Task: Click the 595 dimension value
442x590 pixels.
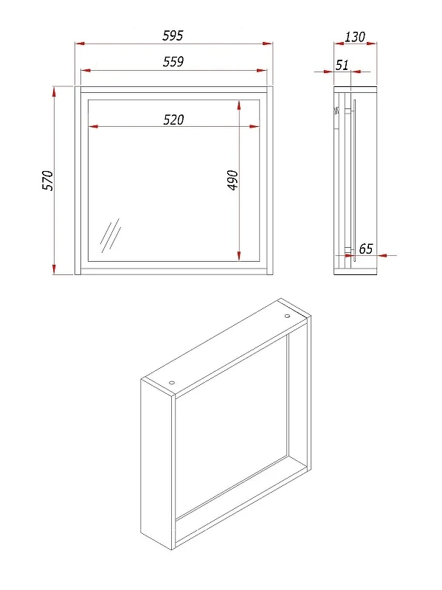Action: point(173,35)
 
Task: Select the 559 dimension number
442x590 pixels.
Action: point(173,61)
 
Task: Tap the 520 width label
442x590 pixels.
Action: point(173,119)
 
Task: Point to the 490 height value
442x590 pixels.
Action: point(233,180)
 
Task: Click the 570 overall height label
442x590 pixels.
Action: point(48,181)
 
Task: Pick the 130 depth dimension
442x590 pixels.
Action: point(355,37)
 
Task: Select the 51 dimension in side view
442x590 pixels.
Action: point(342,65)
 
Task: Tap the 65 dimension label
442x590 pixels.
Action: point(365,249)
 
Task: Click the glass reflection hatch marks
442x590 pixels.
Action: point(111,235)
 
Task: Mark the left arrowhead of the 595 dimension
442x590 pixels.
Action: point(80,44)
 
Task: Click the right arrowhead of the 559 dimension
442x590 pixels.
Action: point(262,70)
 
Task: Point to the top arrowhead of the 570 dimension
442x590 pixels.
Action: point(54,91)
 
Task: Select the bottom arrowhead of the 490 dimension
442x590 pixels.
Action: point(239,255)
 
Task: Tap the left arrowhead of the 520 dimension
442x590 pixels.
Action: point(93,126)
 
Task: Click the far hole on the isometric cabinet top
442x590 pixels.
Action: point(287,316)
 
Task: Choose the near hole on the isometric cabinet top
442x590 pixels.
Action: point(172,383)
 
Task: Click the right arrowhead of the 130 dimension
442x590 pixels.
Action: point(372,44)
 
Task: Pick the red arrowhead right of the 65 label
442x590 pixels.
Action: point(382,255)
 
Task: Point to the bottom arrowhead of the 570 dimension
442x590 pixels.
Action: point(54,268)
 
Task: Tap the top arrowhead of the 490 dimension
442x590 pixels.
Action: point(239,105)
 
